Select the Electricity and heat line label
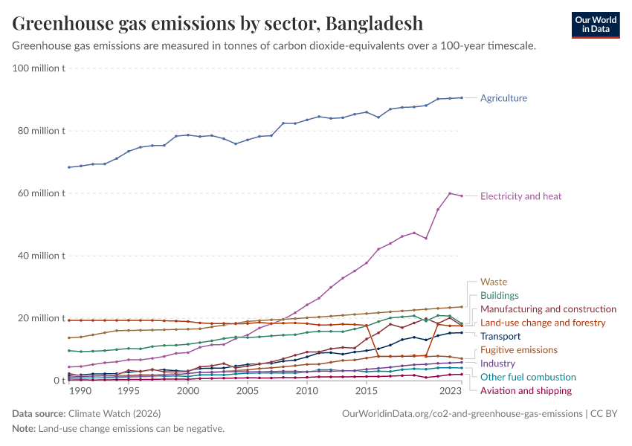click(520, 196)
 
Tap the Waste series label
click(494, 282)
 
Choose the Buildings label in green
click(500, 295)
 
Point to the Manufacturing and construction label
click(548, 308)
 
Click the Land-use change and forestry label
click(543, 323)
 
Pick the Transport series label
click(500, 336)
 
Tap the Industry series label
click(497, 363)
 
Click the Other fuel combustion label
click(528, 377)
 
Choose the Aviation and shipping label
click(526, 390)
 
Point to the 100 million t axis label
click(39, 68)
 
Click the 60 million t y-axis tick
click(42, 193)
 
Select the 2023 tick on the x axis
click(450, 390)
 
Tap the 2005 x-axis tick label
click(248, 390)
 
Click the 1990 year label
click(81, 390)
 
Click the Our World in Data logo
click(595, 25)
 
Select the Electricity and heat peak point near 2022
click(450, 193)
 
